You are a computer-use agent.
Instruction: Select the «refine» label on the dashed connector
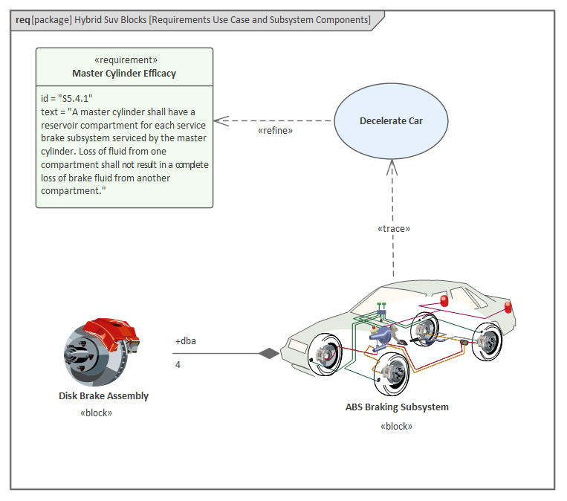(x=275, y=131)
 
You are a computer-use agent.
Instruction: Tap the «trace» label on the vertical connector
(x=393, y=228)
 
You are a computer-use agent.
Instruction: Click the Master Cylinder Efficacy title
(x=124, y=73)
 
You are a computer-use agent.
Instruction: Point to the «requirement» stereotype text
(x=124, y=60)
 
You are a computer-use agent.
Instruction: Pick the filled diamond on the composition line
(x=268, y=353)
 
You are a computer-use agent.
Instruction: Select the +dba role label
(x=186, y=341)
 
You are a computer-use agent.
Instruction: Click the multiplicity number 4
(x=178, y=364)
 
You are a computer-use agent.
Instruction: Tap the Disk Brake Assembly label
(x=103, y=396)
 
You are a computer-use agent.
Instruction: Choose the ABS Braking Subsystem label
(x=397, y=407)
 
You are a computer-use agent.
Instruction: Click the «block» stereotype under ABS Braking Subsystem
(x=396, y=427)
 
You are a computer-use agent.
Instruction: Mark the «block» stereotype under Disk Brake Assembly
(x=97, y=413)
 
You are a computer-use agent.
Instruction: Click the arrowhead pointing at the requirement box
(x=220, y=120)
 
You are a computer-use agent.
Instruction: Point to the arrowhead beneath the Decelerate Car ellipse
(x=393, y=168)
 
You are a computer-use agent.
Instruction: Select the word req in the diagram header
(x=22, y=20)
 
